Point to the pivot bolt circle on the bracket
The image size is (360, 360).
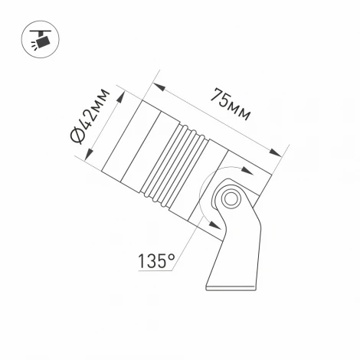coord(229,199)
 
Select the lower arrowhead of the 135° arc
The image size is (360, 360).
coord(207,223)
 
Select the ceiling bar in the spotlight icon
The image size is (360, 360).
coord(38,30)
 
